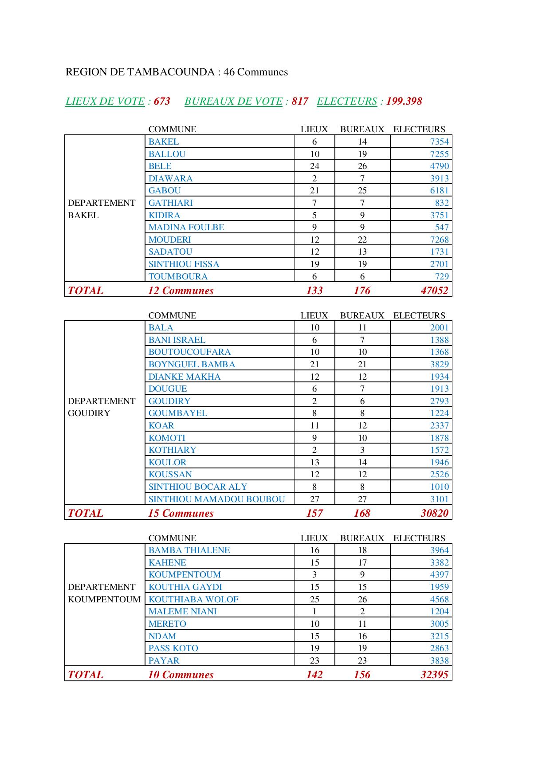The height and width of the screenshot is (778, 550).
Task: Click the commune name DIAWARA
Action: coord(170,178)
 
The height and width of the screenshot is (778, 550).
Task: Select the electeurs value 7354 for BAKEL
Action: coord(439,141)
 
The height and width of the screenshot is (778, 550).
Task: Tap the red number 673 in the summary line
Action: coord(162,101)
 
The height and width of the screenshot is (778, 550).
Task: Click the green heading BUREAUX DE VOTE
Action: coord(233,101)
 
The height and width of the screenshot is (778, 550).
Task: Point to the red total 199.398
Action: coord(404,101)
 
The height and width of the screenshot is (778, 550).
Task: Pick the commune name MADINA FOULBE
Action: coord(186,227)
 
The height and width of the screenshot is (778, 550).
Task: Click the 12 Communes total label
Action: coord(181,291)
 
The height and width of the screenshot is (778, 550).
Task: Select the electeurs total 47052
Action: coord(434,291)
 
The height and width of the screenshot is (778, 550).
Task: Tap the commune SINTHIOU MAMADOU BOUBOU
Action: coord(216,499)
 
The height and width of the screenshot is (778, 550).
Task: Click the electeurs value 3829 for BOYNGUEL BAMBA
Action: coord(439,364)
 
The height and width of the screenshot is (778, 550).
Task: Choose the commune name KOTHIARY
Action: coord(172,450)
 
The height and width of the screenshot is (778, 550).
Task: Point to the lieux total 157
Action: coord(314,513)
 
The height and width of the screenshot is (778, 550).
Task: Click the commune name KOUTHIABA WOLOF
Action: coord(193,599)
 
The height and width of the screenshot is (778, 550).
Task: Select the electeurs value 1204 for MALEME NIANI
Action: coord(439,611)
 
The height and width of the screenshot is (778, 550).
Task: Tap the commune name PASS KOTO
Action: coord(173,648)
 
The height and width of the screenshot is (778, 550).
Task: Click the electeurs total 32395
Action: coord(434,675)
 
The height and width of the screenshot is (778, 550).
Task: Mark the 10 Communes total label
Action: coord(181,675)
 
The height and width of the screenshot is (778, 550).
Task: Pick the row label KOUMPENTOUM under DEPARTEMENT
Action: coord(104,599)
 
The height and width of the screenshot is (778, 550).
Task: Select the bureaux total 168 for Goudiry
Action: coord(362,513)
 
